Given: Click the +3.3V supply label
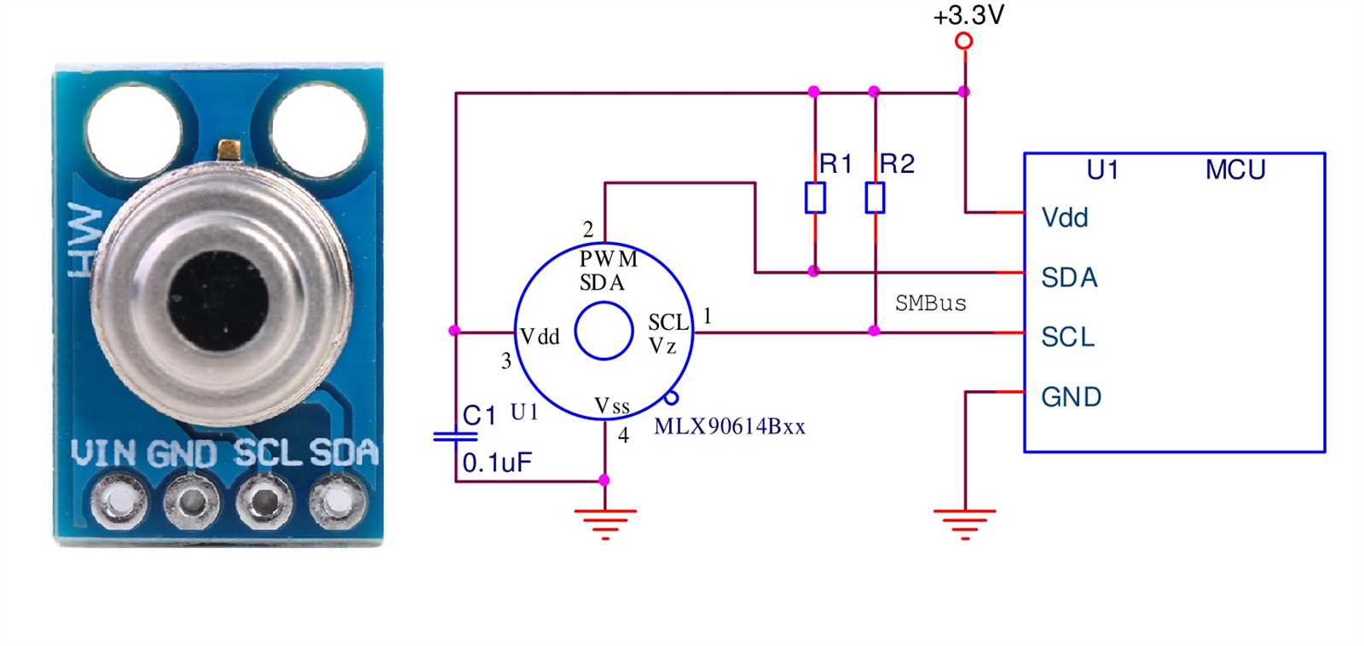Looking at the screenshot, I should [x=968, y=15].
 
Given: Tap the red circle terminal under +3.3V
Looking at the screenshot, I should [x=964, y=41].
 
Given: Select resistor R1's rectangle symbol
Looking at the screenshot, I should [x=815, y=198].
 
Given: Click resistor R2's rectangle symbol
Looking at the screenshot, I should [x=875, y=198].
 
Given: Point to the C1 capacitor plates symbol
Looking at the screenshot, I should [x=455, y=436].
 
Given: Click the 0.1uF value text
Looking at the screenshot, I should [x=497, y=463].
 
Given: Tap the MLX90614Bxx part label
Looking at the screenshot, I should [x=729, y=426].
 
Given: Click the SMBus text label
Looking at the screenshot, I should [x=930, y=303].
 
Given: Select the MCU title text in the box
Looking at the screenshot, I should [x=1234, y=170].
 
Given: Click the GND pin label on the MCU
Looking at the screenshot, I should [x=1071, y=396].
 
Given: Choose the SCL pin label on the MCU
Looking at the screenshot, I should [x=1067, y=337].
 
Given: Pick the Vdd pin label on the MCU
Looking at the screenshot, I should [x=1065, y=217].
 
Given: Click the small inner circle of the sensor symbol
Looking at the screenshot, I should [x=604, y=332].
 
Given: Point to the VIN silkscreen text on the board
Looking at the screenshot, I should [x=103, y=453].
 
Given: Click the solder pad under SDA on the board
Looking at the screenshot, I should [x=338, y=500].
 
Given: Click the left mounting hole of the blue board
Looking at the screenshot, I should [x=134, y=129].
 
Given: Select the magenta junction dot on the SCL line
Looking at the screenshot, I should [x=874, y=331].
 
